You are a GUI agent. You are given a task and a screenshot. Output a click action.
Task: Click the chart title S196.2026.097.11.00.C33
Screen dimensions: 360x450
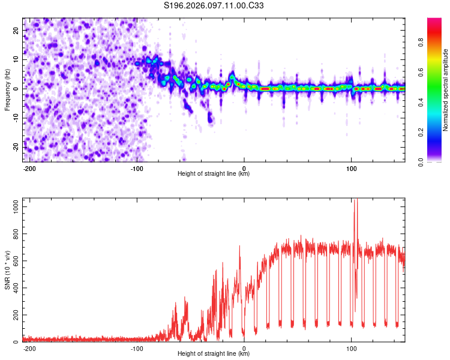214,6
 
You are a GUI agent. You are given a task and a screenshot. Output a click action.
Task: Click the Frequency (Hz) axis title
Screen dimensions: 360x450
7,90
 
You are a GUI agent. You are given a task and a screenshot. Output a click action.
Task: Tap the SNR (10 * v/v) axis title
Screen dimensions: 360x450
7,271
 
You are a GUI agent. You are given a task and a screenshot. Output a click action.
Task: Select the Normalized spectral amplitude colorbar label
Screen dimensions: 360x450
446,90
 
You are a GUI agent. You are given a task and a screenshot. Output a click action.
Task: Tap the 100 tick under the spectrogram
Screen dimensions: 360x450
351,167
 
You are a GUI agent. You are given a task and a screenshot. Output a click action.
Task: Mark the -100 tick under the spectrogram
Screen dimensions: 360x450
137,167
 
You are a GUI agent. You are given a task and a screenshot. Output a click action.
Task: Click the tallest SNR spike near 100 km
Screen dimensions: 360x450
355,202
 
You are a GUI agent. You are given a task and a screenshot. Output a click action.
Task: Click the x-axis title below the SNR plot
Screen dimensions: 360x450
214,354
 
